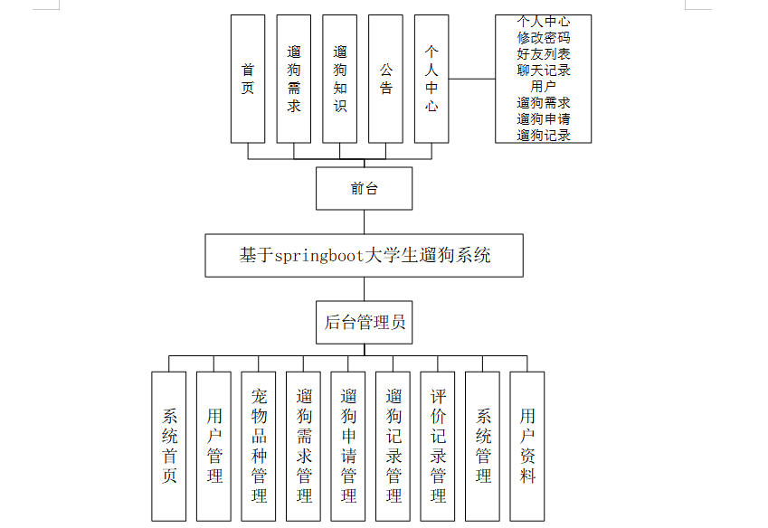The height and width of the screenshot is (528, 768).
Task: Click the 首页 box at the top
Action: coord(248,79)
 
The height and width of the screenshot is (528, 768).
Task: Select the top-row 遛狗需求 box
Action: coord(294,79)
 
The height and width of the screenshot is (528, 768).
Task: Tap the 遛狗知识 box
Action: coord(340,79)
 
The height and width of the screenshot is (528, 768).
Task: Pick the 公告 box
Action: coord(386,79)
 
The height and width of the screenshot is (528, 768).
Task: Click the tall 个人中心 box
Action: coord(432,79)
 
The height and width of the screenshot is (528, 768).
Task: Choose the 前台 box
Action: coord(365,188)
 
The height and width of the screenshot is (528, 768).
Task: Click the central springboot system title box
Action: coord(365,255)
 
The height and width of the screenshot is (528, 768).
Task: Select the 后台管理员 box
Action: coord(365,322)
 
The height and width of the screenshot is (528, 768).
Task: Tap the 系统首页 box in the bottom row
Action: coord(169,446)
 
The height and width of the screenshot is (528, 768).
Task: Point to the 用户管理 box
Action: coord(214,446)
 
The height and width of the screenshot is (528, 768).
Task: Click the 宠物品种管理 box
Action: coord(259,446)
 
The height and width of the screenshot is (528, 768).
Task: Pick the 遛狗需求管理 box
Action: coord(304,446)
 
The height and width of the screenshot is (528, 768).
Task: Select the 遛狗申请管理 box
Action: coord(348,446)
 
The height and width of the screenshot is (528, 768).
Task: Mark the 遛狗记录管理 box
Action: coord(393,446)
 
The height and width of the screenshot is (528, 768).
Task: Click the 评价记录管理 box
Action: coord(438,446)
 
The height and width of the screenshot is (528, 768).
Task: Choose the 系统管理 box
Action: coord(483,446)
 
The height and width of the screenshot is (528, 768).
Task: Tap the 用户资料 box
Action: coord(527,446)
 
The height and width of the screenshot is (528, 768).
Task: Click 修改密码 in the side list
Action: coord(544,38)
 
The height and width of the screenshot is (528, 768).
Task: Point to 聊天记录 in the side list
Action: coord(544,71)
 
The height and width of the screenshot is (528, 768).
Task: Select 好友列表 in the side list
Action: coord(544,54)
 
